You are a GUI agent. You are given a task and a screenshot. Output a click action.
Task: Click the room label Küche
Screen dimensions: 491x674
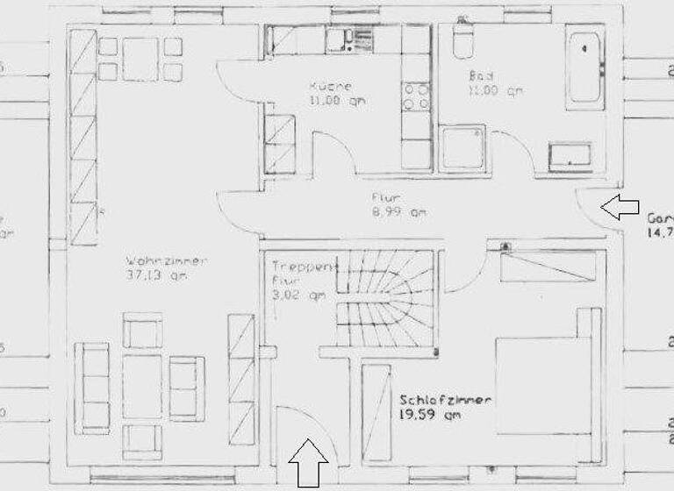click(x=330, y=87)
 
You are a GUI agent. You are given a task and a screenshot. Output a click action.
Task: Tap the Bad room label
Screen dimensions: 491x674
click(x=481, y=75)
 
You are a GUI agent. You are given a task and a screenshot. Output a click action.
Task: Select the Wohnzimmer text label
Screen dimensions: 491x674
click(x=167, y=260)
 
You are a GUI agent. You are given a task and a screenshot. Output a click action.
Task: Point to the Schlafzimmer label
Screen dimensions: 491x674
click(x=445, y=400)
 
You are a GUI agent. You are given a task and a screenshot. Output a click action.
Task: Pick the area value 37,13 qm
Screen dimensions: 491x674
click(x=157, y=275)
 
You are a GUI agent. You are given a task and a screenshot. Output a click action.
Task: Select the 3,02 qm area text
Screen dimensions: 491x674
click(x=293, y=296)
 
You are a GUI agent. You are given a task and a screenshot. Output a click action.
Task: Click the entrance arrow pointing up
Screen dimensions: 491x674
click(x=308, y=462)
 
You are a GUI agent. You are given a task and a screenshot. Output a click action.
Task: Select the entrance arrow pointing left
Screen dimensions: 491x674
click(x=620, y=207)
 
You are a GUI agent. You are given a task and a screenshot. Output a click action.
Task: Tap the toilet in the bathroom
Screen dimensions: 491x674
click(x=461, y=40)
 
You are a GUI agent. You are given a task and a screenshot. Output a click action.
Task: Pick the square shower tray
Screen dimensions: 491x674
click(x=462, y=148)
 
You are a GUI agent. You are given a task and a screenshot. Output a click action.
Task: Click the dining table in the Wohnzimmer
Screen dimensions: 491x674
click(x=140, y=60)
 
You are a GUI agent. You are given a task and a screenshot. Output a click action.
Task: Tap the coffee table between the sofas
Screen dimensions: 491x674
click(x=142, y=386)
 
